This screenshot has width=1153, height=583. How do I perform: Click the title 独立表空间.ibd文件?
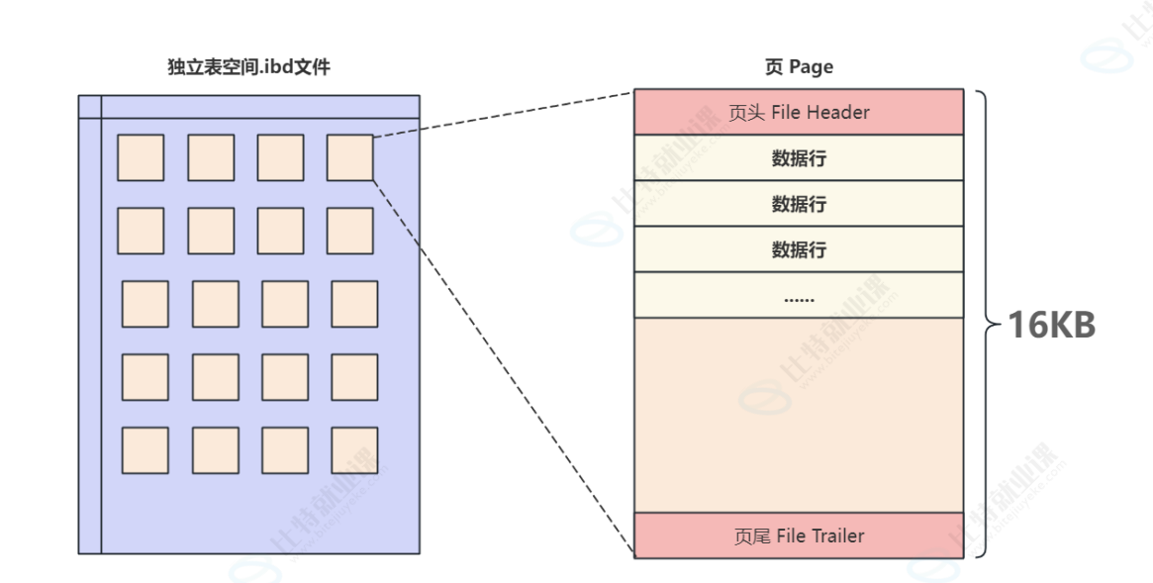pyautogui.click(x=248, y=67)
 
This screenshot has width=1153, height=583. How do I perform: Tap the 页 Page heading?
pyautogui.click(x=799, y=67)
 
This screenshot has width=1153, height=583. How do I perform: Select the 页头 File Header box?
pyautogui.click(x=798, y=112)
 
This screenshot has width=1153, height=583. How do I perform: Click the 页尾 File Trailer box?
pyautogui.click(x=798, y=535)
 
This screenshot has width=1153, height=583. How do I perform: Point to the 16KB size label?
pyautogui.click(x=1051, y=325)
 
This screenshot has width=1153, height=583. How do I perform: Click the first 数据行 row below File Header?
pyautogui.click(x=798, y=158)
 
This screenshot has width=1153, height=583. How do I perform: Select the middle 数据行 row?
pyautogui.click(x=798, y=204)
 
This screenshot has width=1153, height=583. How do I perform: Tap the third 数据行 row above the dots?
pyautogui.click(x=798, y=249)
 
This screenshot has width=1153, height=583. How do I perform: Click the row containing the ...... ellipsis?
pyautogui.click(x=798, y=295)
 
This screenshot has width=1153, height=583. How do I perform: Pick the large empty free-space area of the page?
pyautogui.click(x=798, y=415)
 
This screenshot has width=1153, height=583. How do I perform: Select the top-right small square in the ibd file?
pyautogui.click(x=350, y=157)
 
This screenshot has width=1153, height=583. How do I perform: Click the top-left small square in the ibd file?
pyautogui.click(x=141, y=157)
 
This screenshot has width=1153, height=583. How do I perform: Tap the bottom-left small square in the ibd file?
pyautogui.click(x=144, y=449)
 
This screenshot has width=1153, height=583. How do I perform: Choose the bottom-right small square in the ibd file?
pyautogui.click(x=354, y=449)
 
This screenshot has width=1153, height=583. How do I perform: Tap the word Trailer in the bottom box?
pyautogui.click(x=837, y=535)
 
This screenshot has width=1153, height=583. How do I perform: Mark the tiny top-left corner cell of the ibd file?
pyautogui.click(x=90, y=106)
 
